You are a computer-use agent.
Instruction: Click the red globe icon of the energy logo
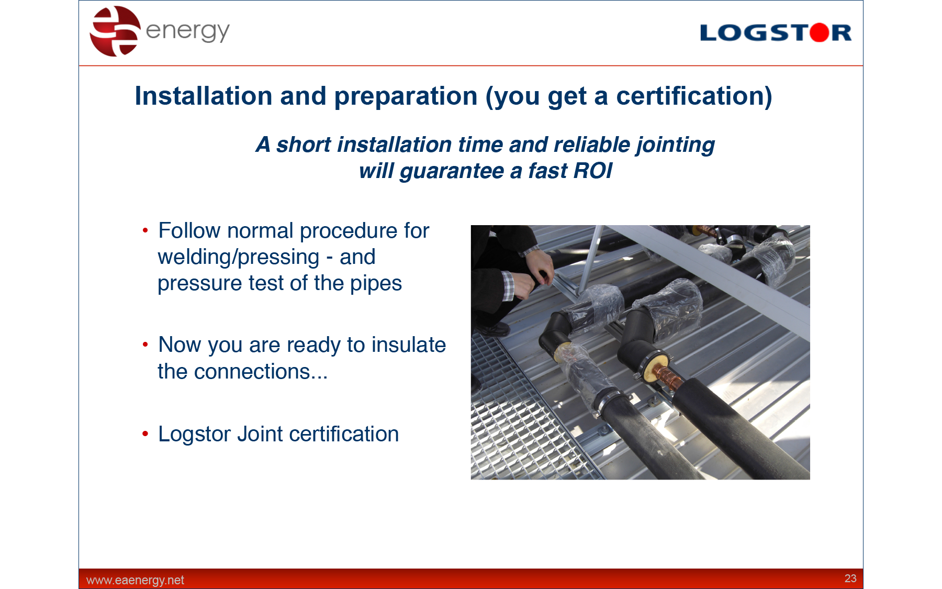pos(115,31)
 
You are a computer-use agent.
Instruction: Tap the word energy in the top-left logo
pos(187,31)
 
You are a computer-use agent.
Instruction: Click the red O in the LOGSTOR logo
pos(820,32)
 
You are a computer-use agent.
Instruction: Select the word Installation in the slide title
pos(204,96)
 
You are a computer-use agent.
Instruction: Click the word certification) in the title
pos(694,96)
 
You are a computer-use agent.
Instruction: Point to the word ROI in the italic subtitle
pos(593,171)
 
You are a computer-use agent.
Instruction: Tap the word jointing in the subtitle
pos(675,145)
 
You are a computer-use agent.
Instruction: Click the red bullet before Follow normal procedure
pos(145,230)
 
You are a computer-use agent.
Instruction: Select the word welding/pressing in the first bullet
pos(239,258)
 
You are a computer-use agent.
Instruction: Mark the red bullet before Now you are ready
pos(145,344)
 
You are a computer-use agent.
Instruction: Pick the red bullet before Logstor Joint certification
pos(145,434)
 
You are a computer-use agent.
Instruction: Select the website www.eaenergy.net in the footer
pos(135,580)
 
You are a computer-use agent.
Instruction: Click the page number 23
pos(850,578)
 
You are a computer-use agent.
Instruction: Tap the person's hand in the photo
pos(539,264)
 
